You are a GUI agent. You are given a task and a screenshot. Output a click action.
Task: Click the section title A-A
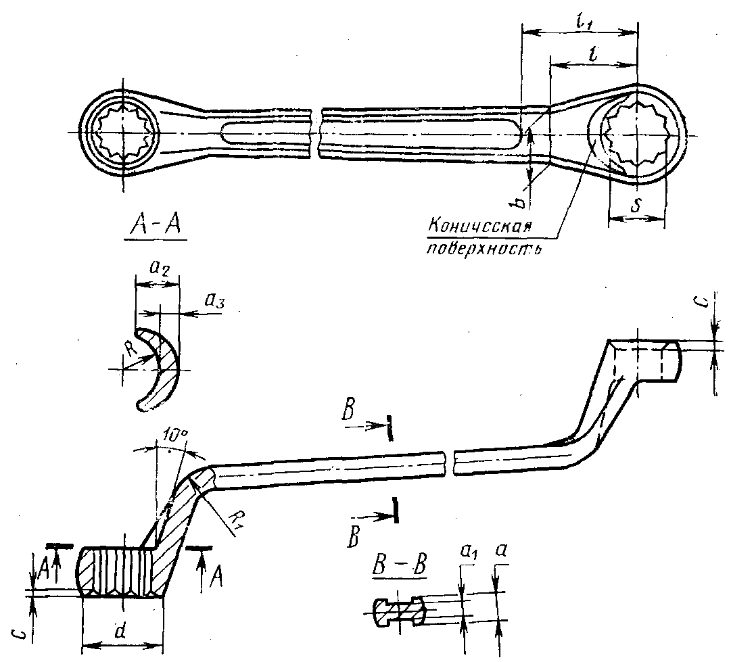[156, 226]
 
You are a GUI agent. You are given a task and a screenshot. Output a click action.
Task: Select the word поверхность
[484, 247]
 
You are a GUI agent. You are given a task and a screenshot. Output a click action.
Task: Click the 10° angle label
[176, 436]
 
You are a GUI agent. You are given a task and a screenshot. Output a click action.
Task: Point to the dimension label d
[121, 631]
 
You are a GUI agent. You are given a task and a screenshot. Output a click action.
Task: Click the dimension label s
[635, 205]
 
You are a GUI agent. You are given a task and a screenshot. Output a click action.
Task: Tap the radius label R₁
[237, 519]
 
